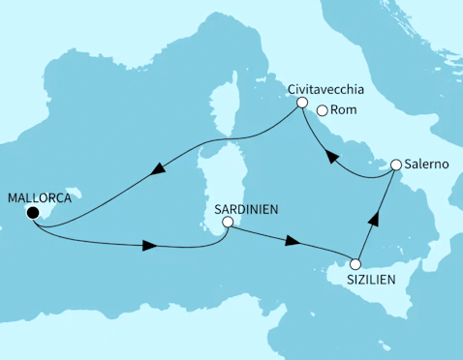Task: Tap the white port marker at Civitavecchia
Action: (x=302, y=103)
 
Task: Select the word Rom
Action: (x=344, y=110)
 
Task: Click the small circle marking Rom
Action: (x=321, y=109)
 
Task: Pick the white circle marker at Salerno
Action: (x=396, y=165)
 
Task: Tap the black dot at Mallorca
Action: (x=33, y=213)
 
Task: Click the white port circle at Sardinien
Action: (x=227, y=223)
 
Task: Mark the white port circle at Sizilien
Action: (x=355, y=263)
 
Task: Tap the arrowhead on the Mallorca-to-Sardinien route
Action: (x=147, y=246)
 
